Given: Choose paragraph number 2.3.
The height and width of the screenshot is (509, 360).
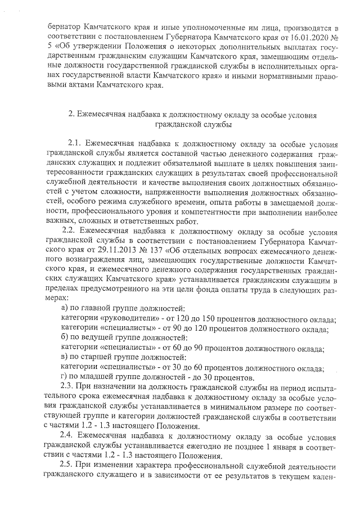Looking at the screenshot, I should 68,388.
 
